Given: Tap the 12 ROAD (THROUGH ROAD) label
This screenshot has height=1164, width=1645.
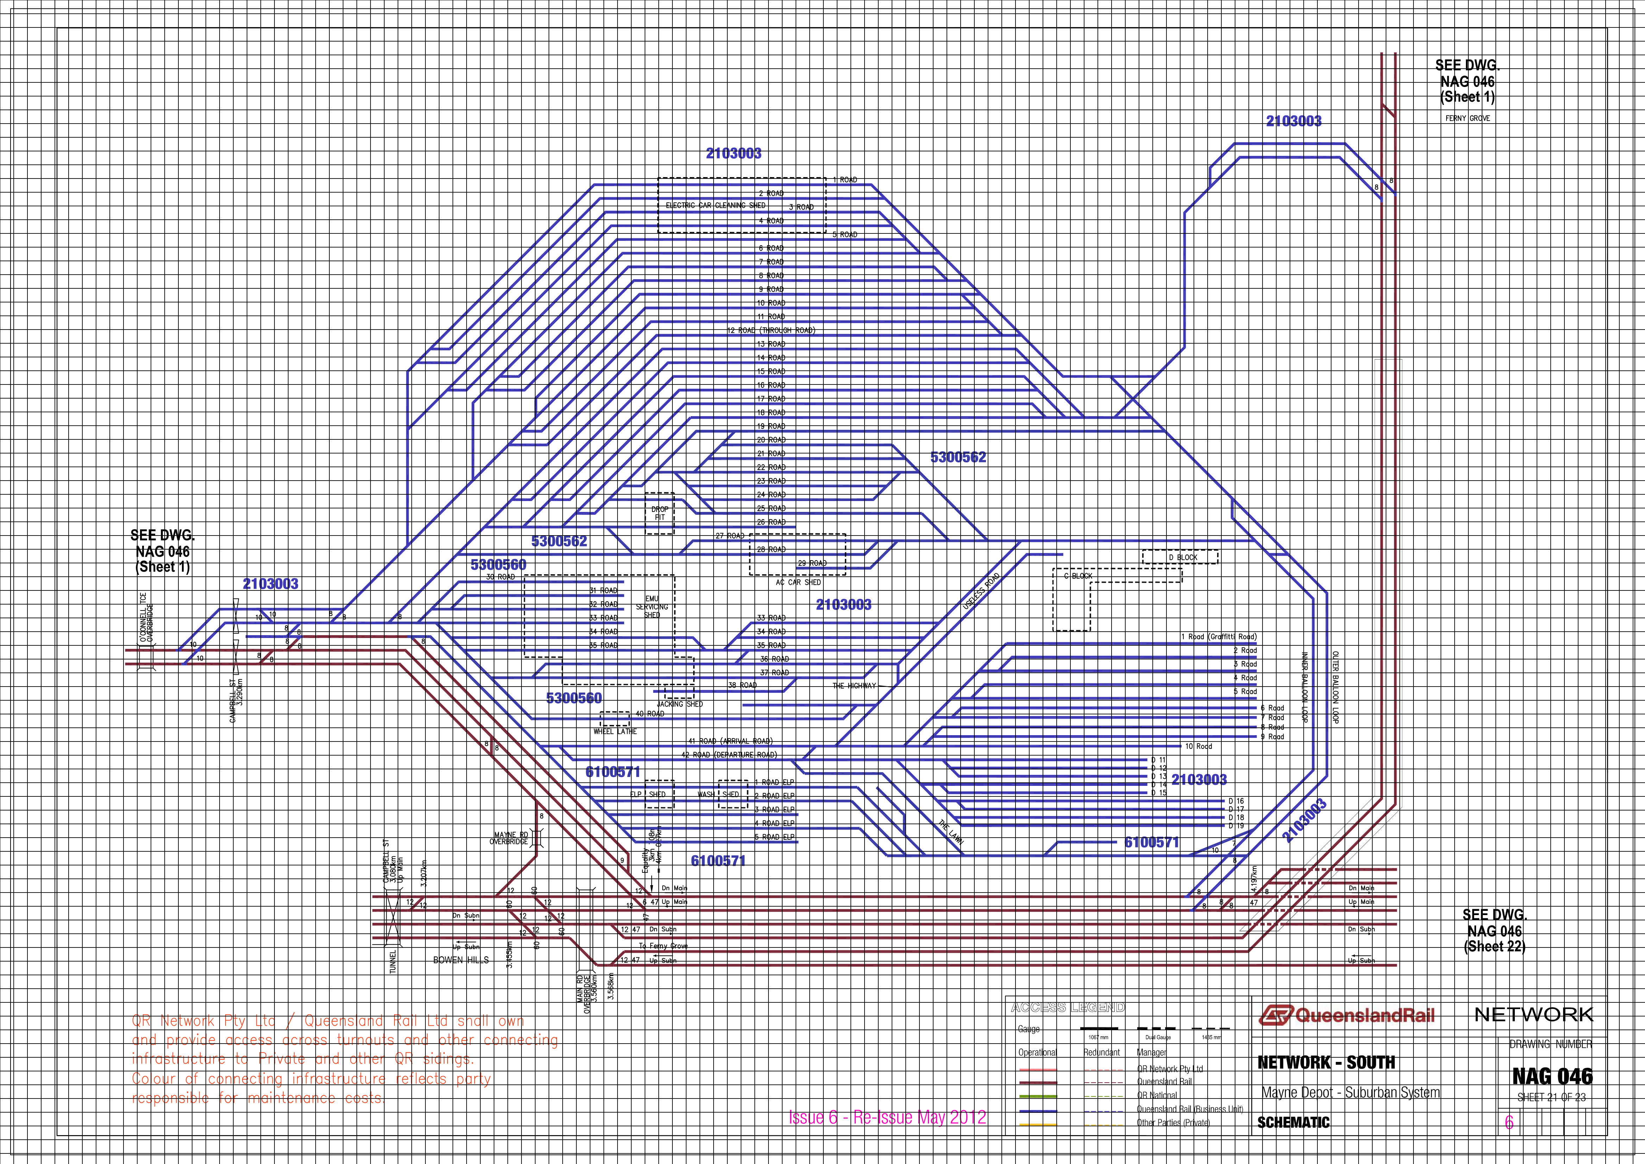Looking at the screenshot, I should [771, 330].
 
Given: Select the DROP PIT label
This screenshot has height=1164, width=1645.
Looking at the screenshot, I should [659, 513].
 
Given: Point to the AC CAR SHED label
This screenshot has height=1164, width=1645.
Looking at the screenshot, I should [798, 583].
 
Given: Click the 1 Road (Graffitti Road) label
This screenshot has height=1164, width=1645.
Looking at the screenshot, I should [1218, 637].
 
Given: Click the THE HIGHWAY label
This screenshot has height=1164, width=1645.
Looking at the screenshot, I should [854, 686].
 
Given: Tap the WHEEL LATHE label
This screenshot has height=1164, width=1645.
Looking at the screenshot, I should [615, 732].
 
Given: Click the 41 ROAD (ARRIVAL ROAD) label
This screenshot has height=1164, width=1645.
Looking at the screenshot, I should [730, 741].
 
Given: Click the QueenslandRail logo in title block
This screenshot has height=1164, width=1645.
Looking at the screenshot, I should [1347, 1015].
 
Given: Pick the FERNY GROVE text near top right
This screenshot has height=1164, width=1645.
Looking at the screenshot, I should [1467, 118].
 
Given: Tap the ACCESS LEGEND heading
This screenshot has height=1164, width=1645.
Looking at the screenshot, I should [1068, 1008].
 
